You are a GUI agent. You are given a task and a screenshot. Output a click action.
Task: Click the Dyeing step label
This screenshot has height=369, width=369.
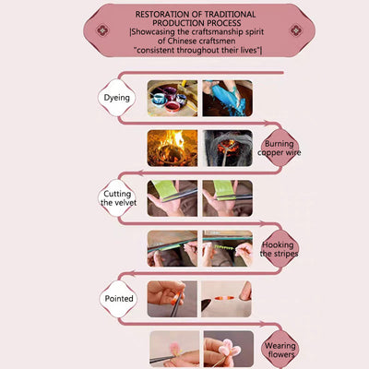point(117,98)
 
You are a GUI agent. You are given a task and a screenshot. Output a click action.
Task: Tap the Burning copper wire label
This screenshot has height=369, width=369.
point(280,148)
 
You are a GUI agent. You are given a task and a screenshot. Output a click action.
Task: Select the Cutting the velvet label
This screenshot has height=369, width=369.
point(118,198)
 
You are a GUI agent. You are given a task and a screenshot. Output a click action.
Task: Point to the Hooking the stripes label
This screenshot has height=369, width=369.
point(280,249)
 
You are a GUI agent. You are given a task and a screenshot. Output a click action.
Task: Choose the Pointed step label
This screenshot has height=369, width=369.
point(119,298)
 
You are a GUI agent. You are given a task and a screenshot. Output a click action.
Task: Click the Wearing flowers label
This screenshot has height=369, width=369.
point(280,351)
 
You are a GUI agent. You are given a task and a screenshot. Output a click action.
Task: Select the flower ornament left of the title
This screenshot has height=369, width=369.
point(102,30)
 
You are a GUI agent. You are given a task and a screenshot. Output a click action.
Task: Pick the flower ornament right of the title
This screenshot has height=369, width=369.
point(296,30)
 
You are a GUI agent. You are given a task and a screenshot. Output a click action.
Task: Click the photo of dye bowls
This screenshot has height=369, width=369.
point(173,99)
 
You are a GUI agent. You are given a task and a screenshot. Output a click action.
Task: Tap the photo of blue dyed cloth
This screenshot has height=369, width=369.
point(228,99)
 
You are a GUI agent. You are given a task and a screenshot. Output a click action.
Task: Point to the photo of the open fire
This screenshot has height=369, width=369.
point(173,149)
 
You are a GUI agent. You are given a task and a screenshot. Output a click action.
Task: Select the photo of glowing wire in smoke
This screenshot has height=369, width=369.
point(228,149)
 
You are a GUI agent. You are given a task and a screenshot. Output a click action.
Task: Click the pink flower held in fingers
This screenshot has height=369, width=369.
point(229,348)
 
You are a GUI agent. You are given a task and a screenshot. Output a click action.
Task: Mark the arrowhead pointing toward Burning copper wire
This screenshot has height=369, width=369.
point(267,123)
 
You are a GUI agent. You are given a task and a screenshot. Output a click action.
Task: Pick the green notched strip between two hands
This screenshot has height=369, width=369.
point(224,247)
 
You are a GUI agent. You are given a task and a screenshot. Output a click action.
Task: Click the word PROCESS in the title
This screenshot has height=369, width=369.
point(224,23)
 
